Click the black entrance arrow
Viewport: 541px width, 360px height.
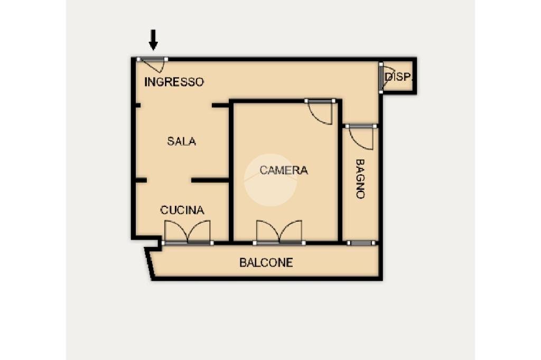click(153, 40)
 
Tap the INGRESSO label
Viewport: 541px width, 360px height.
click(174, 82)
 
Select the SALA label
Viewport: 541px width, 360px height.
click(181, 141)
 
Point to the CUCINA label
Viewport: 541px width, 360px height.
click(182, 210)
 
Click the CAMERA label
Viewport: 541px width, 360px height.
click(283, 170)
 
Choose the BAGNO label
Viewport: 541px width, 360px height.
click(360, 178)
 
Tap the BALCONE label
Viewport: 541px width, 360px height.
click(266, 262)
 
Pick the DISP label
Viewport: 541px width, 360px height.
click(397, 77)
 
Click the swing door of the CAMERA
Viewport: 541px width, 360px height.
click(321, 111)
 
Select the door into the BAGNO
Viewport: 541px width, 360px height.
click(361, 136)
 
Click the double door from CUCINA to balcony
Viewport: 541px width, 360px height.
click(187, 232)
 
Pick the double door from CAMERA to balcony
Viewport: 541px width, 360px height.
click(279, 232)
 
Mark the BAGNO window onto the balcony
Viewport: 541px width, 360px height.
click(361, 243)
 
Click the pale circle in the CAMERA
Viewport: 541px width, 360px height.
click(270, 180)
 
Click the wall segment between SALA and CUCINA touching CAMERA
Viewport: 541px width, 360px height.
click(210, 181)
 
